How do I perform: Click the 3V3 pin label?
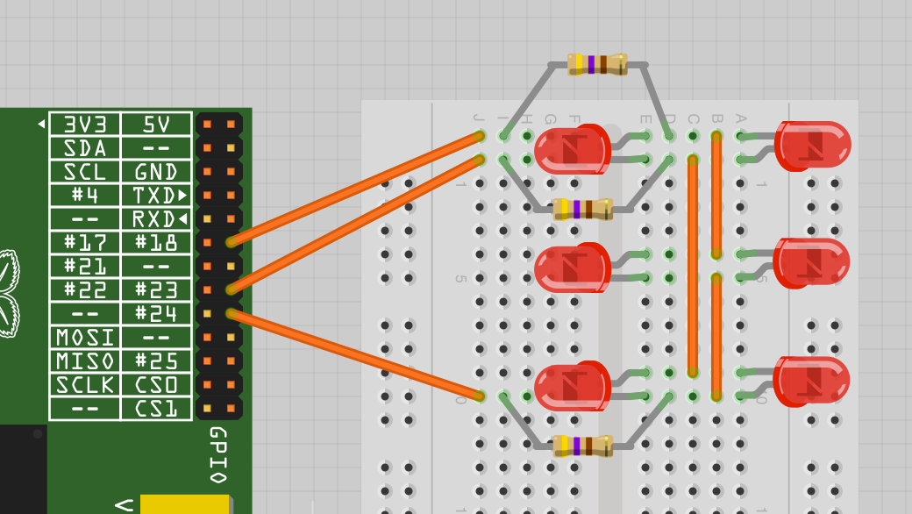pos(84,125)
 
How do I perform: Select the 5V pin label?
pos(156,125)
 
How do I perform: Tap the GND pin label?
pos(156,172)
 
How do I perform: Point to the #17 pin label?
pos(84,243)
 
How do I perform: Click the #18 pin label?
pos(156,243)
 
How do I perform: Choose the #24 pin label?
pos(156,314)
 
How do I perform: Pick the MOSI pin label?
pos(84,338)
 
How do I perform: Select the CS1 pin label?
pos(156,409)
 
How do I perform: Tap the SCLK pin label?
pos(84,385)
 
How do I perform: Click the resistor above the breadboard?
pos(597,64)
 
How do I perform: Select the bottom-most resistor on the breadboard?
pos(583,446)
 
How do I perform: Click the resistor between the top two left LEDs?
pos(583,209)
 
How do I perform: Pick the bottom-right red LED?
pos(813,382)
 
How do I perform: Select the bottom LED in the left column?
pos(572,387)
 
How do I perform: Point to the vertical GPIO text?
pos(217,455)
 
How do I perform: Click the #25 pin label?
pos(156,361)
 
